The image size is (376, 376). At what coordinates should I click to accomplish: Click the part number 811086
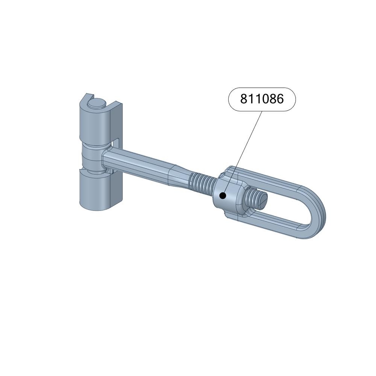pos(262,99)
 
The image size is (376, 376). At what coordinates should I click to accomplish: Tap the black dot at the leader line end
pos(223,196)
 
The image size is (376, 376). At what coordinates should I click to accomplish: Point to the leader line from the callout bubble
pos(243,153)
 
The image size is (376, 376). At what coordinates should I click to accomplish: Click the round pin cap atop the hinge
pos(97,103)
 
